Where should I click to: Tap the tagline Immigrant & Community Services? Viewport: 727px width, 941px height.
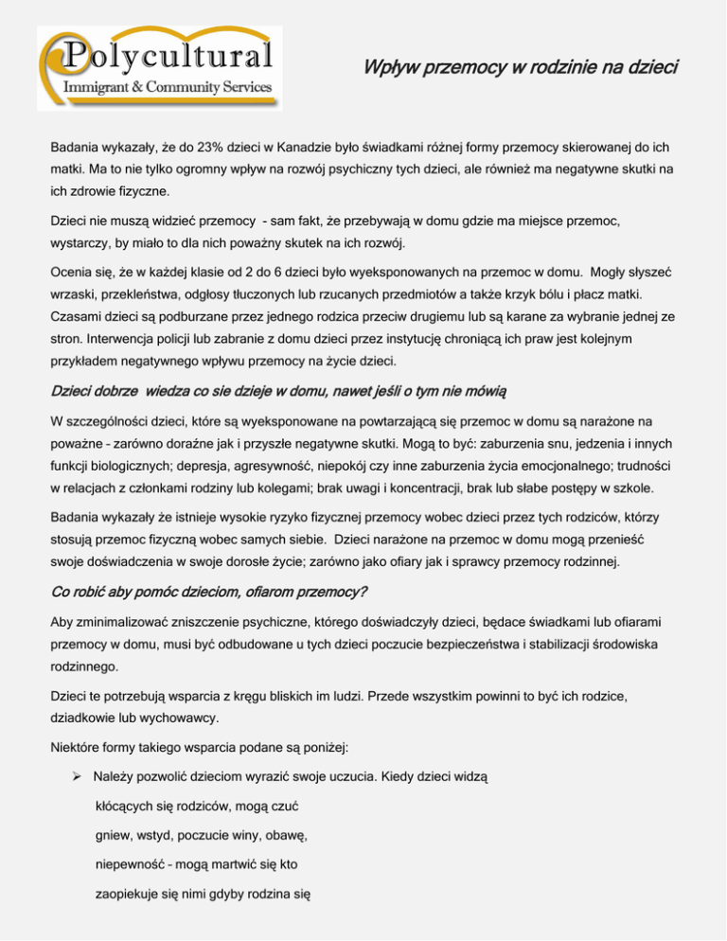(x=167, y=88)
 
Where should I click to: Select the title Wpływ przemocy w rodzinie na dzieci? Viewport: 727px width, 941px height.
(x=521, y=68)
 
